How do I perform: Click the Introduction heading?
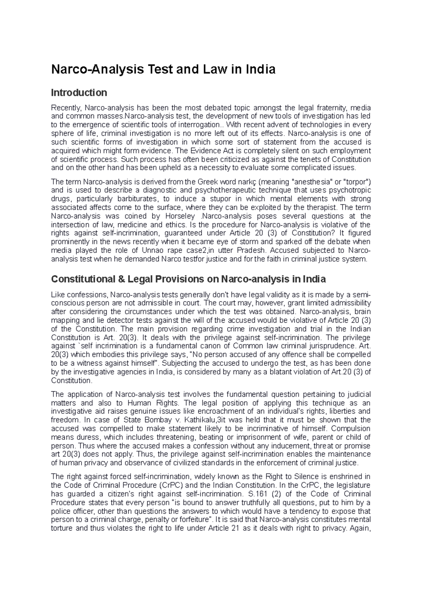click(x=79, y=93)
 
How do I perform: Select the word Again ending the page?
click(x=361, y=528)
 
